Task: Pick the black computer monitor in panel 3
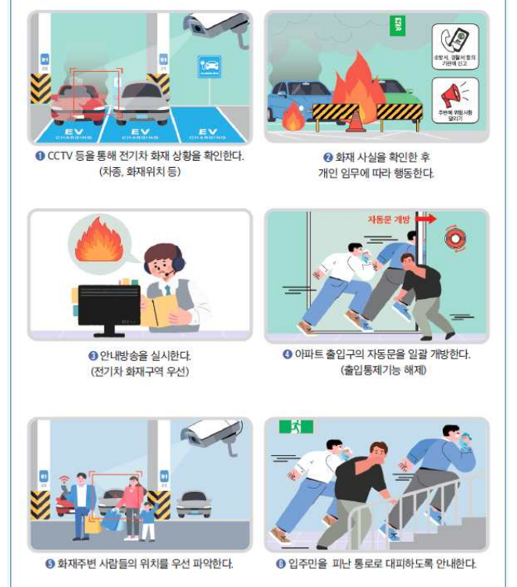tap(109, 305)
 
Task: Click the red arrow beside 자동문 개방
tap(425, 220)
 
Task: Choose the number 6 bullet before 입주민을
tap(290, 563)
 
